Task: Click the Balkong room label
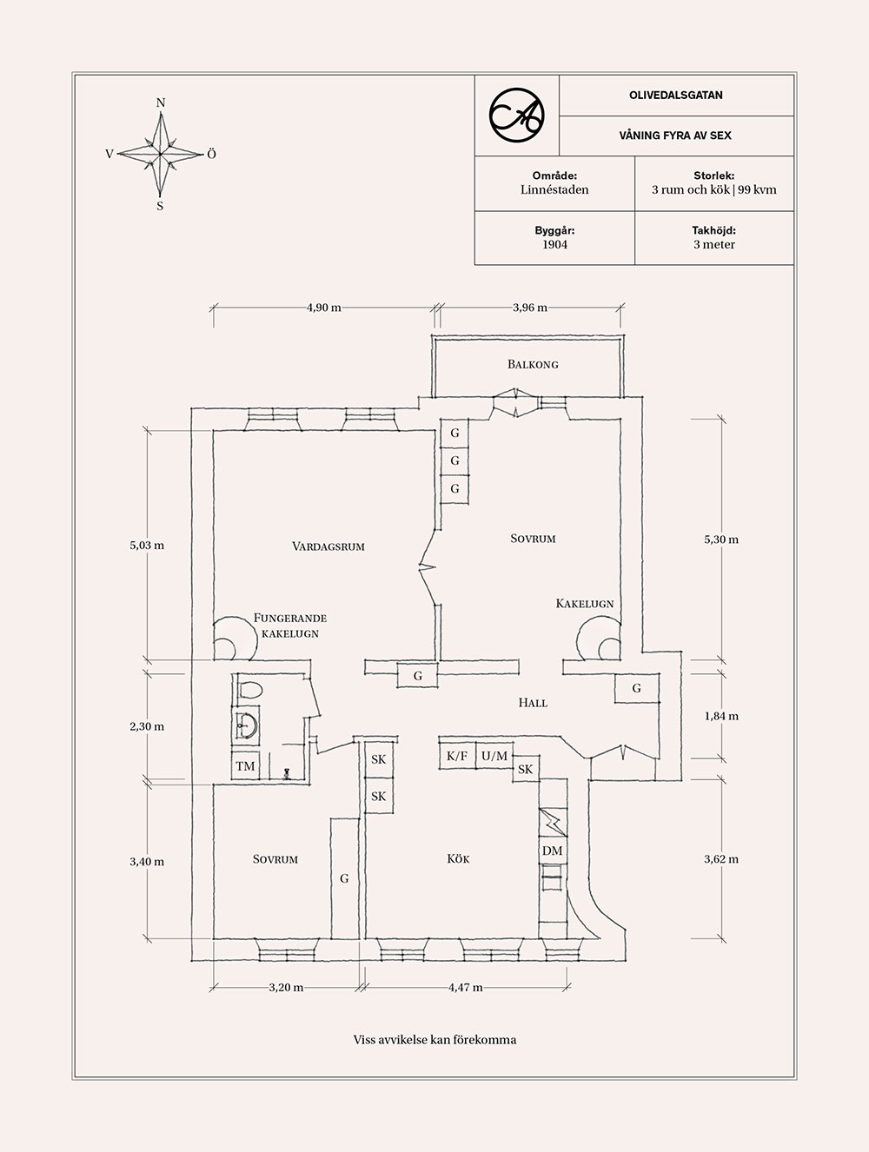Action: [x=533, y=364]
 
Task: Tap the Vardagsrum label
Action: [x=328, y=546]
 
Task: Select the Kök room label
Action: [x=458, y=859]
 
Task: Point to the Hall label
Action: [x=533, y=703]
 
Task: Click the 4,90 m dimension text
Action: [x=324, y=308]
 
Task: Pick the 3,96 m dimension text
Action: [x=530, y=308]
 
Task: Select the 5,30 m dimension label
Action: [x=721, y=540]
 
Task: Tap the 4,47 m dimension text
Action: [x=466, y=988]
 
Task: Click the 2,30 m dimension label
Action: [x=147, y=727]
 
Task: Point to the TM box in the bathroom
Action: [x=245, y=766]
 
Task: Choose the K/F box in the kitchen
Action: [x=457, y=756]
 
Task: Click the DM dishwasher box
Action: [x=553, y=851]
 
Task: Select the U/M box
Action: [x=494, y=756]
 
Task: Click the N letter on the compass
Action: [x=161, y=103]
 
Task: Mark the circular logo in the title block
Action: [x=517, y=116]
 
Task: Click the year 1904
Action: [x=554, y=245]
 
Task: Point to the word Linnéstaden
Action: [x=554, y=190]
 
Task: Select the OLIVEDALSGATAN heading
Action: [x=676, y=96]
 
